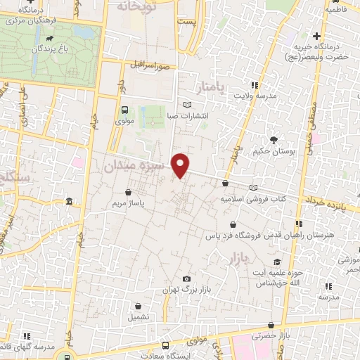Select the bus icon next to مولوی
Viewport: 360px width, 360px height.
tap(124, 110)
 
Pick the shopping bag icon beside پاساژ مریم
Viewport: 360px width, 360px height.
tap(127, 191)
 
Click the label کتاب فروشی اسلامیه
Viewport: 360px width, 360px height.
tap(255, 199)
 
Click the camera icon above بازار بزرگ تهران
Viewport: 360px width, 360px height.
tap(186, 278)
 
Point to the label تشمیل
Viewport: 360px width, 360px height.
tap(138, 317)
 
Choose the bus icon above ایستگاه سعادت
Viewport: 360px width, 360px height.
tap(165, 346)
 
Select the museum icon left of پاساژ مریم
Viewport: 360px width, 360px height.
tap(69, 202)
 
